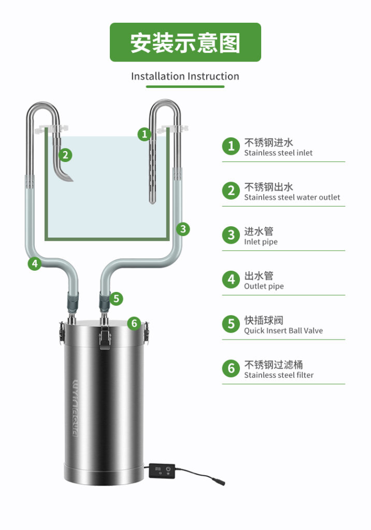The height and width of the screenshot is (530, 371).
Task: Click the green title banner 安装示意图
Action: [185, 42]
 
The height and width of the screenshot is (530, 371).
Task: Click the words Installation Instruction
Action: [185, 77]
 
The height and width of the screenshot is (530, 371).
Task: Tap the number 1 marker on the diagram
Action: [145, 134]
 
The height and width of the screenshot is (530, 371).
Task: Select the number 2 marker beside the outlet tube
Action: [65, 155]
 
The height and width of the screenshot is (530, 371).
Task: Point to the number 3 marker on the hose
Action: [183, 229]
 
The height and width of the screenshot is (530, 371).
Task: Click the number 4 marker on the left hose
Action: [35, 263]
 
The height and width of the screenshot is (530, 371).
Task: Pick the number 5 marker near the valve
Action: [116, 299]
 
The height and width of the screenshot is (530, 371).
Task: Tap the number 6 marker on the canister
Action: [134, 323]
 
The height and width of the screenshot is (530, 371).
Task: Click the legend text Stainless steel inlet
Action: [278, 153]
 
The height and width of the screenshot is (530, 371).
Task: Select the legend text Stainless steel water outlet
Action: [292, 197]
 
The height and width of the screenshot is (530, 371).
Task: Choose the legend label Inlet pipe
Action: [261, 242]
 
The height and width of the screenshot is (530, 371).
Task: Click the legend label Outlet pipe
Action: [264, 286]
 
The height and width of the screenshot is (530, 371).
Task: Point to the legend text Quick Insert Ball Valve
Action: [283, 331]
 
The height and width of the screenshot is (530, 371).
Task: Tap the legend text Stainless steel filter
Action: [279, 375]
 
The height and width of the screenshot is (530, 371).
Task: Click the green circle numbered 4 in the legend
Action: [231, 279]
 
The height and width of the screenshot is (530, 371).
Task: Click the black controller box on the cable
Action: [162, 470]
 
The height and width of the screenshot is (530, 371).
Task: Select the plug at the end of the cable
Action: [218, 481]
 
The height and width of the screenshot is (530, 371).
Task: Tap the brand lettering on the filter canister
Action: [76, 408]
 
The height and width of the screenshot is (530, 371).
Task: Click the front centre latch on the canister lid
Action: [105, 338]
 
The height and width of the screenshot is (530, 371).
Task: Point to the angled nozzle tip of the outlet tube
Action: [68, 178]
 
